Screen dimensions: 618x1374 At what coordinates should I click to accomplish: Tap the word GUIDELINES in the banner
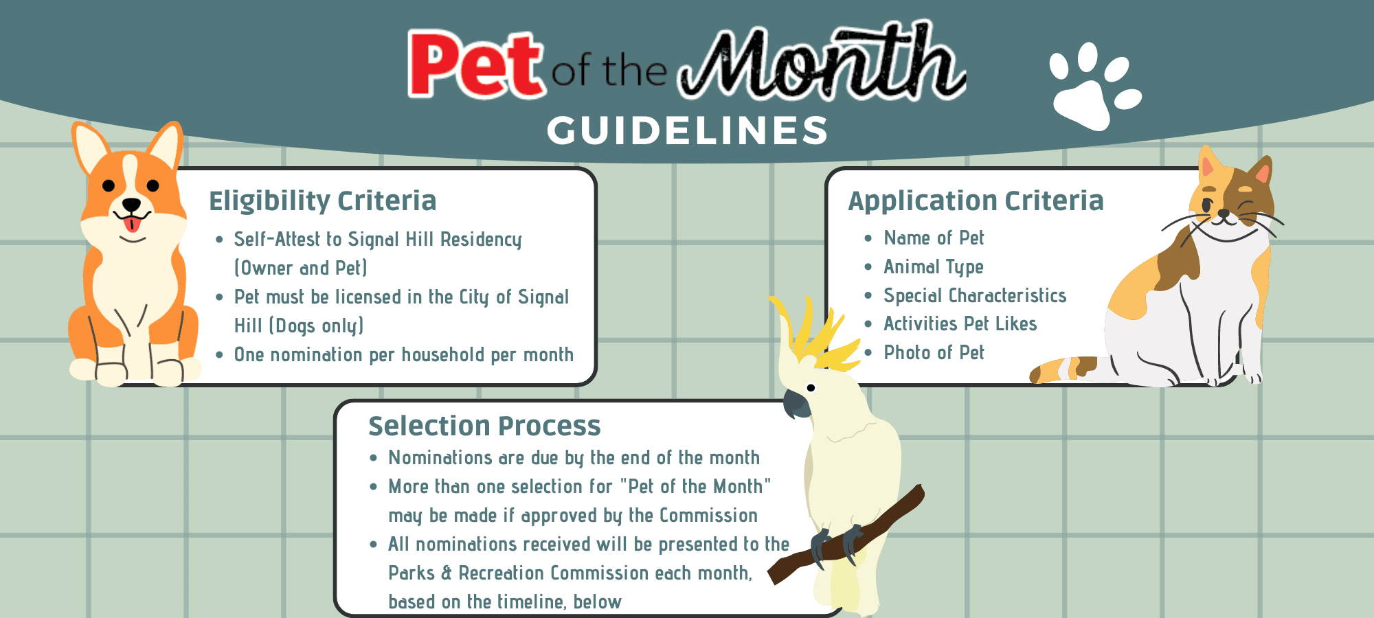[x=688, y=130]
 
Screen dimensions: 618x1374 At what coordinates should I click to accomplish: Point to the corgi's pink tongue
[x=132, y=224]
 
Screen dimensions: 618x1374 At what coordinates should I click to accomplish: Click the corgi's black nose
[x=131, y=205]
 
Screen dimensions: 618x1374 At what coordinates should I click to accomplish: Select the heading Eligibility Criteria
[x=322, y=201]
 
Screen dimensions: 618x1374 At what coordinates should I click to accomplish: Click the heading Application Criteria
[x=976, y=201]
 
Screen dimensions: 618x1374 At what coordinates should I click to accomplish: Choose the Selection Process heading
[x=484, y=426]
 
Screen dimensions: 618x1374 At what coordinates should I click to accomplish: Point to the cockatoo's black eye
[x=811, y=388]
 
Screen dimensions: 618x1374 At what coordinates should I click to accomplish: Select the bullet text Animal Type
[x=933, y=267]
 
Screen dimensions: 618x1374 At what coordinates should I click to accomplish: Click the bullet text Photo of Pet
[x=934, y=353]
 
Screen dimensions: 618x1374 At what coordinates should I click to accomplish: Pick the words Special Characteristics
[x=975, y=296]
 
